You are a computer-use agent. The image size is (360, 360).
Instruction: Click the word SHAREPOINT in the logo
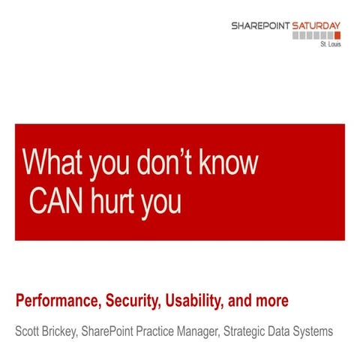click(x=258, y=25)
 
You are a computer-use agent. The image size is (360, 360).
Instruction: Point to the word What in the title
click(x=51, y=163)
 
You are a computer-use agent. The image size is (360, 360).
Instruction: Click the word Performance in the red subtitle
click(x=55, y=303)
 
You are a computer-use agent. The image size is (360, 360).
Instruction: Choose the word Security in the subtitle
click(x=128, y=303)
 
